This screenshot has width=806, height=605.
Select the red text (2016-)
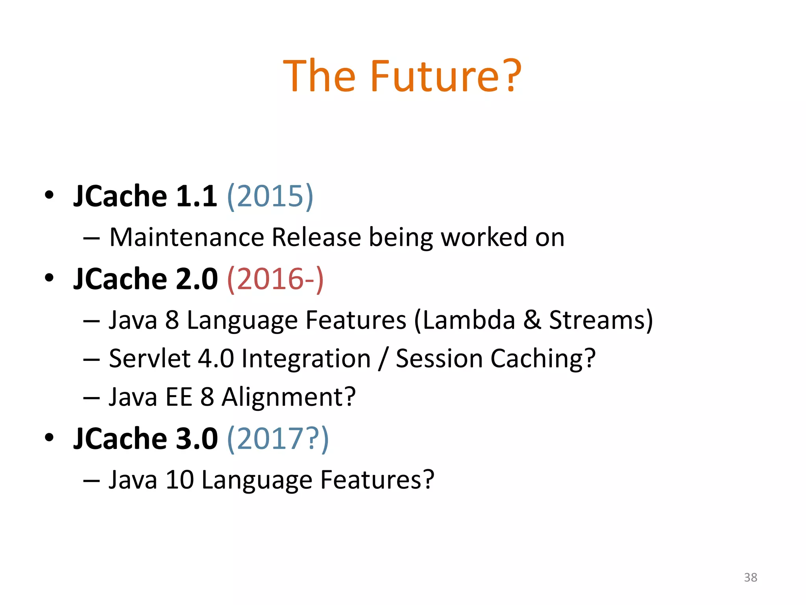[x=275, y=279]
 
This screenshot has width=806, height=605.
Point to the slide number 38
[x=751, y=577]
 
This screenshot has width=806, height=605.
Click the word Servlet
[x=150, y=358]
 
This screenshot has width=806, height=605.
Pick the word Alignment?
[x=288, y=397]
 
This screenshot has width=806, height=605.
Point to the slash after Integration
[x=383, y=359]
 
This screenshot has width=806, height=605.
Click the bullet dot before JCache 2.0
[x=49, y=278]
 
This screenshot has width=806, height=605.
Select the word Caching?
[x=543, y=359]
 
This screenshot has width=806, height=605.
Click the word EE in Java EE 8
[x=179, y=397]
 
